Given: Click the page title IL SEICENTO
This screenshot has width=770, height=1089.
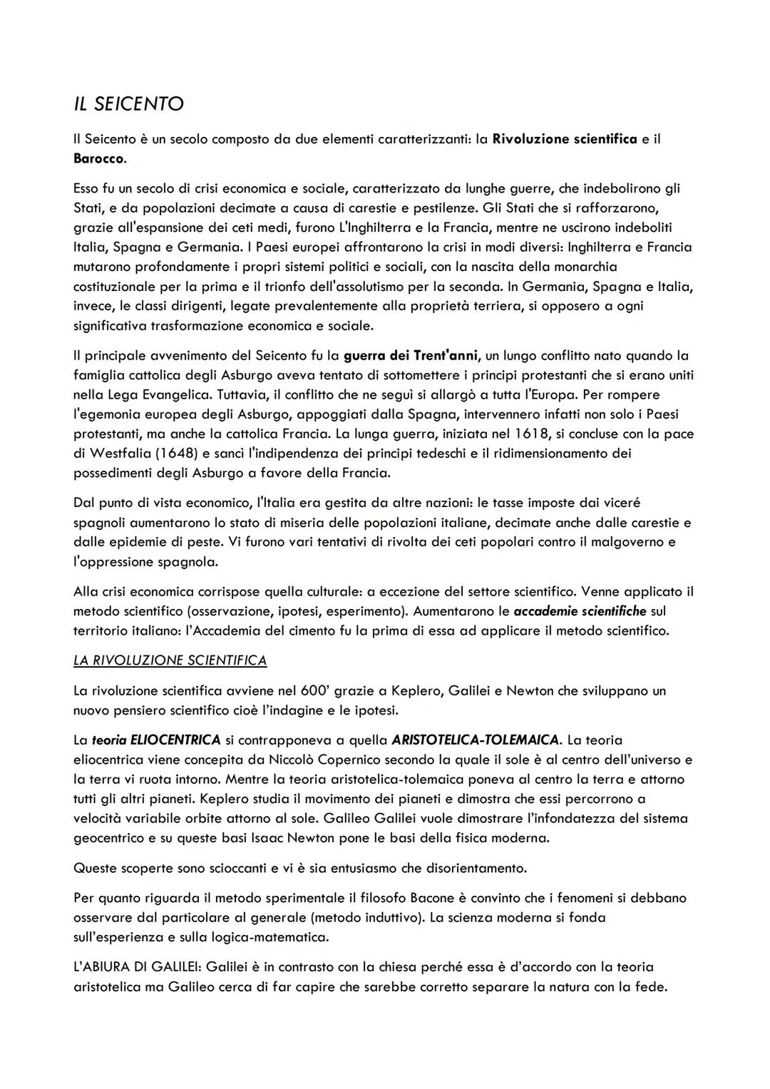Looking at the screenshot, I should click(129, 104).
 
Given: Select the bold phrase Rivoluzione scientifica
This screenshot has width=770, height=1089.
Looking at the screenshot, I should click(565, 139).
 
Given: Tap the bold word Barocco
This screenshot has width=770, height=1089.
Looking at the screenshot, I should click(98, 158).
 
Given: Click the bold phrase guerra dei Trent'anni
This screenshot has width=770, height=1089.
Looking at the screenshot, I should click(412, 355).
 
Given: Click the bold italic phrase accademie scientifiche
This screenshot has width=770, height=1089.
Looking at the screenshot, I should click(580, 611).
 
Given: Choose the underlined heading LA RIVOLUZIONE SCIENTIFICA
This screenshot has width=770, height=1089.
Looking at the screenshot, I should click(170, 660).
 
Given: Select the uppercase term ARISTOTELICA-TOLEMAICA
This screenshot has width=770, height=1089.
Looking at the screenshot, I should click(475, 740).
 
